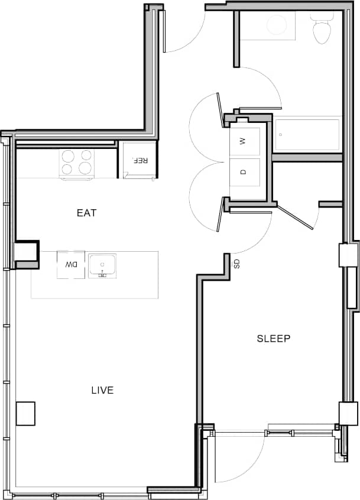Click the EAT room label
[86, 213]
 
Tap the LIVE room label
[102, 390]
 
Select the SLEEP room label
[273, 339]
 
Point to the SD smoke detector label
[236, 264]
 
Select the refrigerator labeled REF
[140, 160]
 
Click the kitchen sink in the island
[102, 265]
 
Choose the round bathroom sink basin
[275, 25]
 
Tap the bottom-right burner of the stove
[85, 169]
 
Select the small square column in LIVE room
[25, 414]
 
